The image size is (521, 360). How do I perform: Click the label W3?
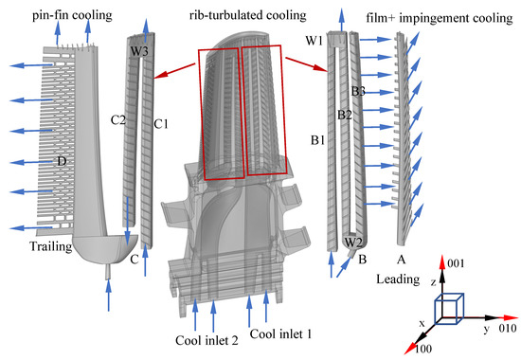click(x=139, y=51)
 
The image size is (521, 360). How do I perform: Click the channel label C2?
click(x=118, y=119)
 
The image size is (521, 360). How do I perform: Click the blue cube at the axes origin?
click(x=449, y=308)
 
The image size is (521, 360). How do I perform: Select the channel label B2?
click(x=346, y=116)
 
